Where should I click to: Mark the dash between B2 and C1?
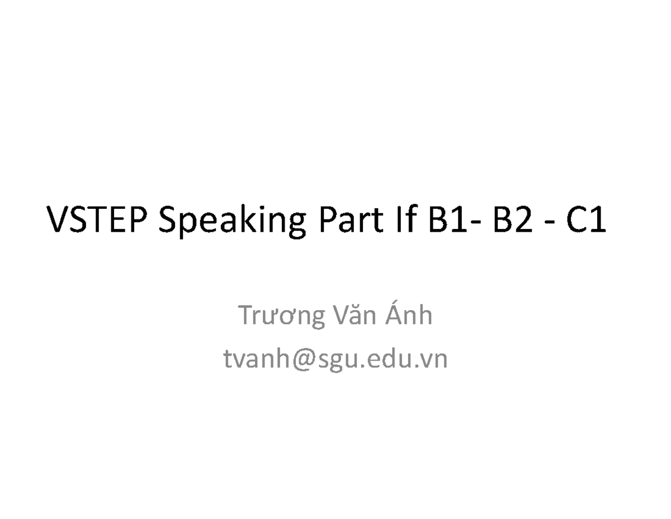pyautogui.click(x=546, y=223)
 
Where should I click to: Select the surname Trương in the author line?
pyautogui.click(x=281, y=317)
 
